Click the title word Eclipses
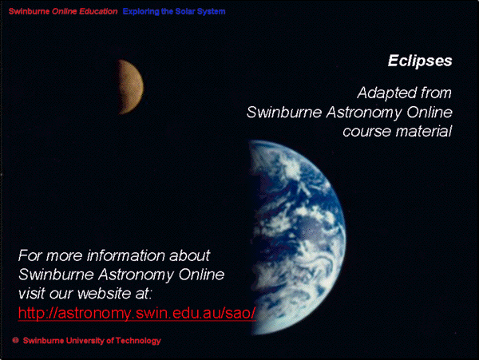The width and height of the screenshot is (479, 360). pos(420,61)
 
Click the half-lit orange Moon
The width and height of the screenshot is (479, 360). pos(130,87)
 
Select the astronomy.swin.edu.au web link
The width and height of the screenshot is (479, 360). pos(137,313)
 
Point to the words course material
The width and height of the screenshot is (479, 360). pos(397,131)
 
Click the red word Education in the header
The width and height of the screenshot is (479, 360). pos(98,11)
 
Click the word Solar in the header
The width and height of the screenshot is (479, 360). pos(185,12)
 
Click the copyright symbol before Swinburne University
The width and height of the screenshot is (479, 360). pos(16,340)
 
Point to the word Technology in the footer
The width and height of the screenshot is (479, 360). pos(138,341)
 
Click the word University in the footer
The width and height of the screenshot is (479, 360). pos(85,341)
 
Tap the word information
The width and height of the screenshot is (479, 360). pos(127,255)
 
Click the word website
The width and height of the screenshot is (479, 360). pos(104,294)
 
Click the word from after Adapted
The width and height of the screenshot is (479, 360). pos(436,93)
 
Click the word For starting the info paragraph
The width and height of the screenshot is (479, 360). pos(30,255)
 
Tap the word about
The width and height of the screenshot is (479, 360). pos(189,255)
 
